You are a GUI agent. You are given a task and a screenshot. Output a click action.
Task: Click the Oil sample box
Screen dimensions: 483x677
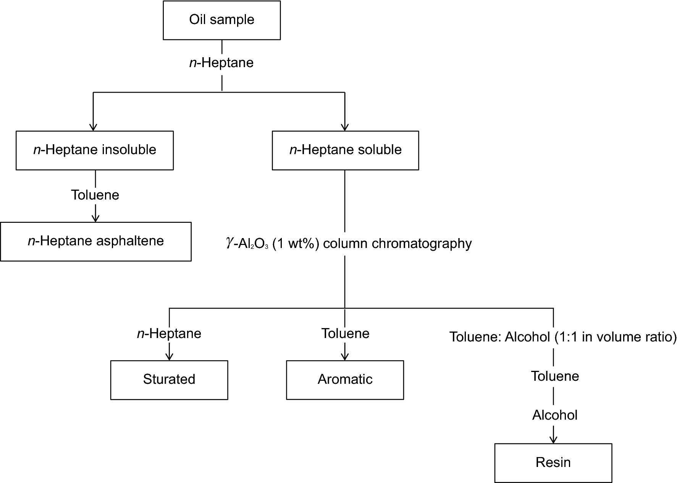click(221, 20)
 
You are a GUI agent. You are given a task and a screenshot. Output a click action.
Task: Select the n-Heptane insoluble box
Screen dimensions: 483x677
click(95, 150)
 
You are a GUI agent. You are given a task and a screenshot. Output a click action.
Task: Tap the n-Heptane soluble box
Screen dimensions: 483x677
click(345, 150)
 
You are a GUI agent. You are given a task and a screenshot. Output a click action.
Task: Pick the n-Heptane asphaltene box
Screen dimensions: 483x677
click(95, 241)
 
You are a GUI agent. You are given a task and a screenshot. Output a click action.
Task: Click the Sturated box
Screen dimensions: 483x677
click(169, 380)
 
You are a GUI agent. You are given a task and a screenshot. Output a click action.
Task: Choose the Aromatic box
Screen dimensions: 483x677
click(345, 380)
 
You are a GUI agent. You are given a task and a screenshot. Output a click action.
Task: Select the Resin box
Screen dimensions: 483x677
click(553, 463)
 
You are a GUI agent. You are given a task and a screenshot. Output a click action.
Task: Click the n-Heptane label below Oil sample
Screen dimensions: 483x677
click(221, 63)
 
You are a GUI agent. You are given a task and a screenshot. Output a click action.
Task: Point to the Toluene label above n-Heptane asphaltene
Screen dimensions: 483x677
click(95, 195)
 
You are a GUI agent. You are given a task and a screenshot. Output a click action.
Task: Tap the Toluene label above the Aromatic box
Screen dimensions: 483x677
click(345, 333)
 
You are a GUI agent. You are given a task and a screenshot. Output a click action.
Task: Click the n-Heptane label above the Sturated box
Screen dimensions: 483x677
click(169, 333)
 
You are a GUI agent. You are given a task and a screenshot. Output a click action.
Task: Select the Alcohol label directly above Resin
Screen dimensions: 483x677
click(554, 415)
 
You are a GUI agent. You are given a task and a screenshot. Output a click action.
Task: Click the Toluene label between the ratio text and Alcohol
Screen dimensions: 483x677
click(555, 377)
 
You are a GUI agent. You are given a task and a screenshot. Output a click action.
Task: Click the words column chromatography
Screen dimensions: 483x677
click(397, 243)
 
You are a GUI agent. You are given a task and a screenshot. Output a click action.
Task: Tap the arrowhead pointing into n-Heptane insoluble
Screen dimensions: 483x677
click(93, 128)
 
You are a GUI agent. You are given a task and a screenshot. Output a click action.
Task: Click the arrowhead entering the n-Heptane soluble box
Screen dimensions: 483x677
click(345, 128)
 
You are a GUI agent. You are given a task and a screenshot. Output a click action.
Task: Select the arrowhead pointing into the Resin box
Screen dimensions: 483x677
click(553, 440)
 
